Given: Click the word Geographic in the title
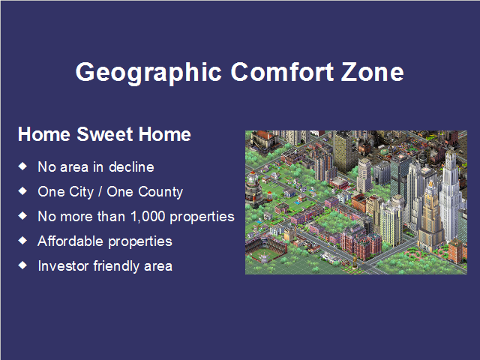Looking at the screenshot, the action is coord(148,73).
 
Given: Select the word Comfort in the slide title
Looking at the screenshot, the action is coord(282,72).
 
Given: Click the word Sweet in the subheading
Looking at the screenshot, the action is coord(105,134).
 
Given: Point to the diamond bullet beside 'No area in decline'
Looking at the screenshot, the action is coord(22,166).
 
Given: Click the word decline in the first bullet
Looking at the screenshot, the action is coord(131,167).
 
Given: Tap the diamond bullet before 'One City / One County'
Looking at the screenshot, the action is coord(22,191).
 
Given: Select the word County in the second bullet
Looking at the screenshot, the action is coord(160,192).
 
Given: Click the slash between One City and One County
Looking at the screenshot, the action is coord(100,192).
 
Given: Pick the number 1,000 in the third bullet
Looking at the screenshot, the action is coord(148,217).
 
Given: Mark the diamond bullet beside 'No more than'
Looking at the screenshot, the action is coord(22,216).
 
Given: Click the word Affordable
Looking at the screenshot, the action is coord(70,241).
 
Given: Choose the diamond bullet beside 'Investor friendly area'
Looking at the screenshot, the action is coord(22,265).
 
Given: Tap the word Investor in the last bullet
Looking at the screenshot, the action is coord(64,266).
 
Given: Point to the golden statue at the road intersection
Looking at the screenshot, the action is coord(355,261).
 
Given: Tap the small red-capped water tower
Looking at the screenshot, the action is coord(269,196).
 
